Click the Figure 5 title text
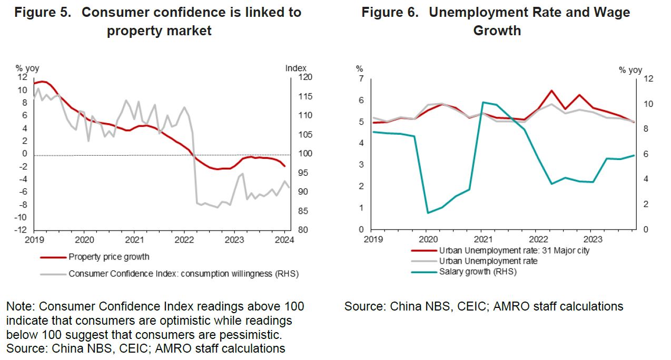[159, 21]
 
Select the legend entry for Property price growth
[109, 257]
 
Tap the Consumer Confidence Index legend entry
[183, 274]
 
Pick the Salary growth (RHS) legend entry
[478, 272]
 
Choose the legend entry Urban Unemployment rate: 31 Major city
[514, 251]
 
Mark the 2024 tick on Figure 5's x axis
[284, 239]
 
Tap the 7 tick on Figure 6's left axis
[361, 79]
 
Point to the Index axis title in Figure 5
[295, 68]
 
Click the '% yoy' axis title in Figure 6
[630, 70]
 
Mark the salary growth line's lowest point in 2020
[427, 213]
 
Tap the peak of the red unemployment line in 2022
[551, 91]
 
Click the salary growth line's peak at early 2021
[483, 102]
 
